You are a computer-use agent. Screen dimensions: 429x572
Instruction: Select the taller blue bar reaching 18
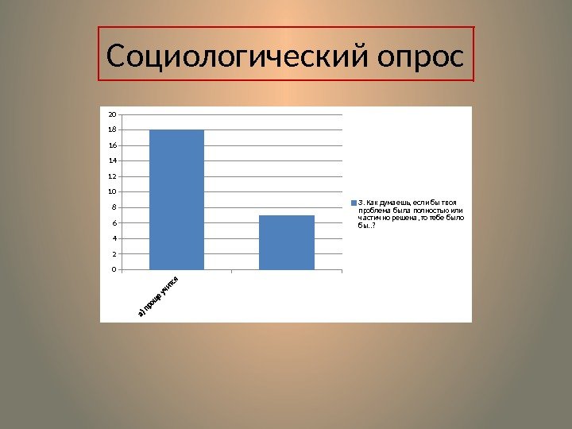coord(176,199)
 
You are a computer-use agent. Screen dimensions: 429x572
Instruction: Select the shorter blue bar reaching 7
coord(286,242)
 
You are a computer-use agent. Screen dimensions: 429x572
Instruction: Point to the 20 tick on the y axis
coord(113,114)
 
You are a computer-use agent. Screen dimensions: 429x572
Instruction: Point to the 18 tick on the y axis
coord(113,130)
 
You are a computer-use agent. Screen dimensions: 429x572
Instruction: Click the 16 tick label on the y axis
coord(113,145)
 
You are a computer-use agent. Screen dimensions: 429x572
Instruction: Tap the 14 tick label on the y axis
coord(113,161)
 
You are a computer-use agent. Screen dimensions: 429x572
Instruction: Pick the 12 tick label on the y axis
coord(113,176)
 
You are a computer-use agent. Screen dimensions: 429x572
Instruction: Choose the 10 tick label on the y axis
coord(113,192)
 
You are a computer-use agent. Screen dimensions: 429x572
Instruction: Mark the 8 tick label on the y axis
coord(114,207)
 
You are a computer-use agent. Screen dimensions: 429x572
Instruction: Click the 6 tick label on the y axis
coord(114,223)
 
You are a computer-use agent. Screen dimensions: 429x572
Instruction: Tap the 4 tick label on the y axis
coord(114,238)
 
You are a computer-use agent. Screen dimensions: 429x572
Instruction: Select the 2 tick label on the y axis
coord(114,254)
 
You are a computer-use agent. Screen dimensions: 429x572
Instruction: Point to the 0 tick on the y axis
coord(114,269)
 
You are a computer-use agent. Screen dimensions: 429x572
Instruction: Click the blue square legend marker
coord(354,202)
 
